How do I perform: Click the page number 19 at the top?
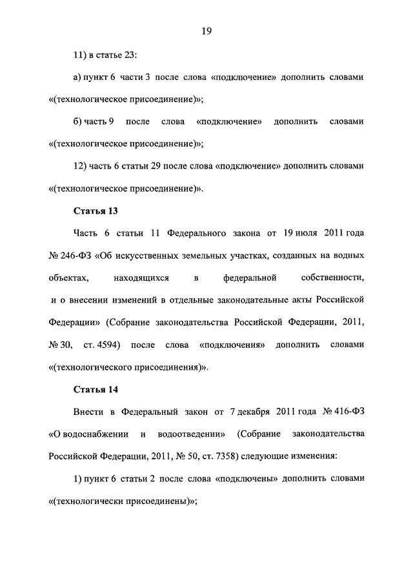tap(206, 30)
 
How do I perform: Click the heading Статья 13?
tap(96, 211)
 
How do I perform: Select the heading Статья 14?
tap(96, 389)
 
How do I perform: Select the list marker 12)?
tap(81, 166)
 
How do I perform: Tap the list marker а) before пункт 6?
tap(78, 77)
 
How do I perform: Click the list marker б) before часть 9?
tap(79, 121)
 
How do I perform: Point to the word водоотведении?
tap(194, 434)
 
